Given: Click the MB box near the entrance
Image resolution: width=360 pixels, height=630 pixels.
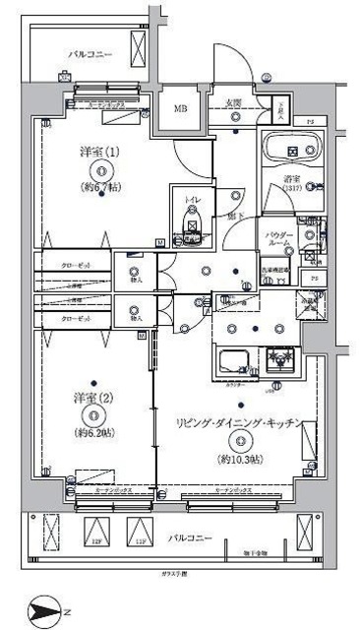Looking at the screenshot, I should [182, 109].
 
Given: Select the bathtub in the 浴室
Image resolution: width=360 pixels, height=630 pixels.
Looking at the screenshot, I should [291, 151].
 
